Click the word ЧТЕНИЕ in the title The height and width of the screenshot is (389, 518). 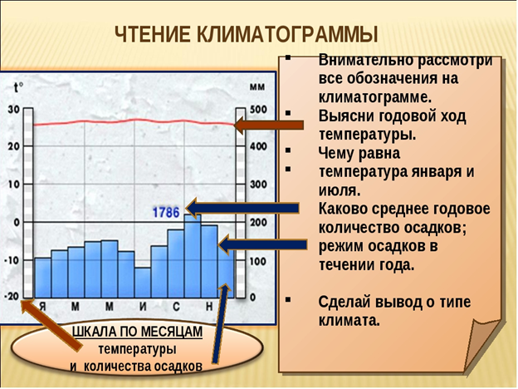pos(153,34)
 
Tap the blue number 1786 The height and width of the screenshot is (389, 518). pos(166,213)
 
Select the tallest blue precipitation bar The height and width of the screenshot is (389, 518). pos(193,256)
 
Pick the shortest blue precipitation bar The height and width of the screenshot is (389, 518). pos(143,283)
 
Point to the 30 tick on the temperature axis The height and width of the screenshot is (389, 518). pos(13,109)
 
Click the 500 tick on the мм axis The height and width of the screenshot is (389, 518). pos(258,110)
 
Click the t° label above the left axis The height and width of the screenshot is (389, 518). pos(18,87)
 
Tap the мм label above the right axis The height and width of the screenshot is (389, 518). pos(257,87)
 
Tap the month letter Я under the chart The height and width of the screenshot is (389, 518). pos(42,307)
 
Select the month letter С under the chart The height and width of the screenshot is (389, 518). pos(176,307)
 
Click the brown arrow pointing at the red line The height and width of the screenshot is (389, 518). pos(268,126)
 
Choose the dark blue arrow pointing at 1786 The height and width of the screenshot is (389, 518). pos(242,209)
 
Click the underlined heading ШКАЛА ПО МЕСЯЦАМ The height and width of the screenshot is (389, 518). pos(137,332)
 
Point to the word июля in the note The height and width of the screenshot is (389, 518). pos(340,191)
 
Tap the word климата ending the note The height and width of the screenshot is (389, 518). pos(349,321)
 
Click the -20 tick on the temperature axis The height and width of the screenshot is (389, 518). pos(12,297)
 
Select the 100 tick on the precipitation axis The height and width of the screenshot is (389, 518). pos(258,261)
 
